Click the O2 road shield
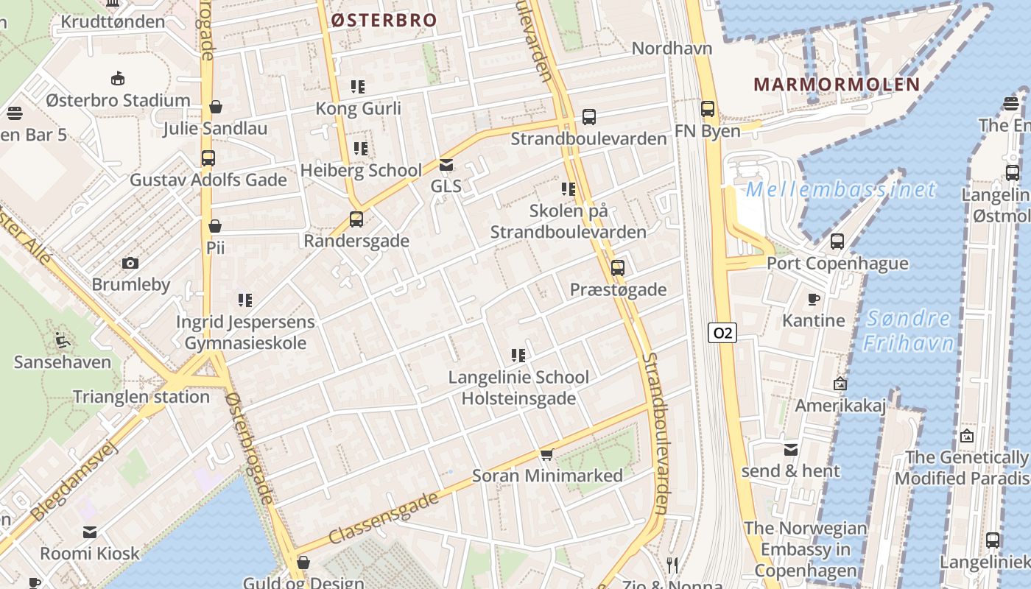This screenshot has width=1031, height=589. click(722, 333)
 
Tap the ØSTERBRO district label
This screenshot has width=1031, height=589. click(384, 21)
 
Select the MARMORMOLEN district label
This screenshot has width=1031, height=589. click(837, 84)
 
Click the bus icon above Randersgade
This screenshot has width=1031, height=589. click(356, 219)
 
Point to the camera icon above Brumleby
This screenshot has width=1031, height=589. click(130, 263)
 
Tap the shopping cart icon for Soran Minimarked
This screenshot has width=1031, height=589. click(546, 454)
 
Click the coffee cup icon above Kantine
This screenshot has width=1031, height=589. click(813, 299)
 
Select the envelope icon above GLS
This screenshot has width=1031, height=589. click(446, 165)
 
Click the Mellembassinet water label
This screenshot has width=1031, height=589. click(840, 190)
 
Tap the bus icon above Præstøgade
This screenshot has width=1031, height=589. click(618, 268)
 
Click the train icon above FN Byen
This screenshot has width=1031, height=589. click(708, 109)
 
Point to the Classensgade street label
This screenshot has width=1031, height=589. click(384, 519)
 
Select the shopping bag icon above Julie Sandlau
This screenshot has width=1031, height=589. click(216, 107)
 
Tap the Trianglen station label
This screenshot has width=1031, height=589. click(141, 397)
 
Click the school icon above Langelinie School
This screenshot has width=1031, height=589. click(518, 356)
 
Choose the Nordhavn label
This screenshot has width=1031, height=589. click(672, 49)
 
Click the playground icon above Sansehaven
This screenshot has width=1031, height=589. click(63, 340)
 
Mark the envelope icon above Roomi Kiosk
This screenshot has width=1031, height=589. click(90, 532)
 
